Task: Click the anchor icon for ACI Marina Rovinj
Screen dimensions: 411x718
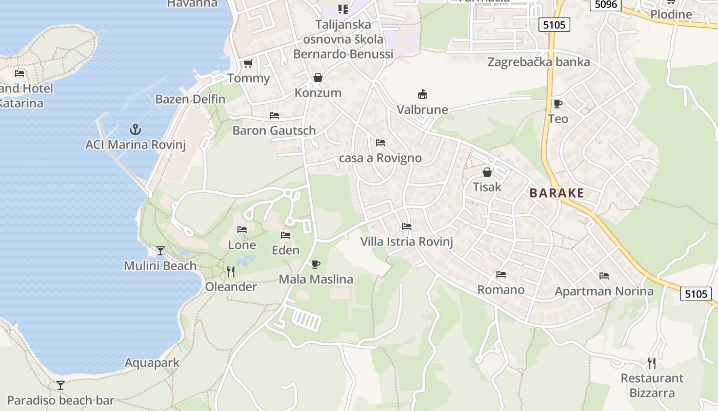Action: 135,129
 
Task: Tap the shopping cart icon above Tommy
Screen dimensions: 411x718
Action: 248,63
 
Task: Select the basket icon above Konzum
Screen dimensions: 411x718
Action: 318,78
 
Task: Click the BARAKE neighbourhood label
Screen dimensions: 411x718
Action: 556,193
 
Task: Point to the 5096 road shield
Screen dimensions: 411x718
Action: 606,5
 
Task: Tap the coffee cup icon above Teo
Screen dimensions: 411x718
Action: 558,104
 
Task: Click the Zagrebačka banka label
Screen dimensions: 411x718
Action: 538,62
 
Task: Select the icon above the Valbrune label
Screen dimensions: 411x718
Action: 423,95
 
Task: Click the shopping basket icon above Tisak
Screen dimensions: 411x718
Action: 487,172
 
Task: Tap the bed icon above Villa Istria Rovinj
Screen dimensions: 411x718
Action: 407,226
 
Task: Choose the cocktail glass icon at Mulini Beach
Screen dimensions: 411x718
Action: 161,251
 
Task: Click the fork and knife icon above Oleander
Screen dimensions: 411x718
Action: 231,271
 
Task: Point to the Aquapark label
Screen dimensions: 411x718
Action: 152,363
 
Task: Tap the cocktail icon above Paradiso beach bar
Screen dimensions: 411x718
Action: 61,385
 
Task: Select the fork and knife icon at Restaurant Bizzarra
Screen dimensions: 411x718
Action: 652,363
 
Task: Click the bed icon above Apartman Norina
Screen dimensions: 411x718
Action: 604,276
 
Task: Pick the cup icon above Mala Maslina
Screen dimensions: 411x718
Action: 316,264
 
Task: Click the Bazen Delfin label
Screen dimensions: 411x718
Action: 190,99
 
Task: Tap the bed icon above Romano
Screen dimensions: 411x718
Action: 501,274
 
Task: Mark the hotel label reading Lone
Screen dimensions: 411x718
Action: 242,245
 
